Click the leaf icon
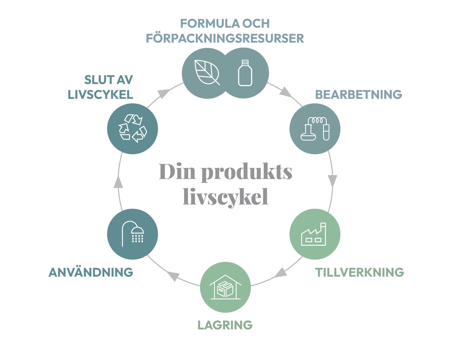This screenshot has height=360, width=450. [207, 72]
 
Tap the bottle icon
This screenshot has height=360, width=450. [245, 73]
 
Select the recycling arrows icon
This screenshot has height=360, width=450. [133, 128]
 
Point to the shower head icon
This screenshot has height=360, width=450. [133, 234]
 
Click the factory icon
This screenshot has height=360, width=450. [314, 234]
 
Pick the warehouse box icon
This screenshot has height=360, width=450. [225, 287]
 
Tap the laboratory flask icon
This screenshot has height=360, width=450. [315, 129]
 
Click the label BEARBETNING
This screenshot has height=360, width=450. [358, 94]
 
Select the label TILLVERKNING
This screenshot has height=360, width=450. [360, 272]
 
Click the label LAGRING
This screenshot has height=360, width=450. [225, 325]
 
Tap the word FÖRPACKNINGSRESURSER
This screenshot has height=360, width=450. [225, 38]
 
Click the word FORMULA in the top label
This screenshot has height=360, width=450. [210, 23]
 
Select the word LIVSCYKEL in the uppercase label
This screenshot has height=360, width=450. [101, 94]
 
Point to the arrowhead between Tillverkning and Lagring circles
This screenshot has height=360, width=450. [280, 273]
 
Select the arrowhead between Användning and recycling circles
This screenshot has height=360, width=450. [118, 182]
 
